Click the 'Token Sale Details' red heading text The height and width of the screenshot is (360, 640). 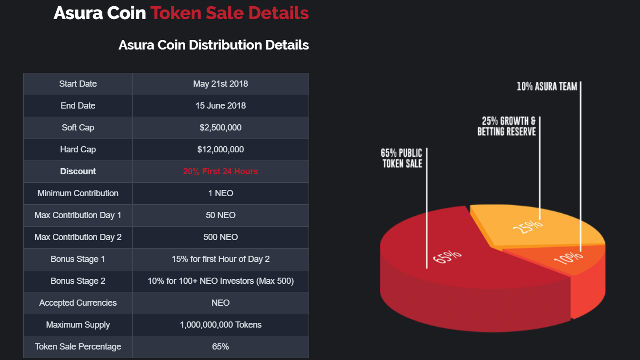tap(230, 13)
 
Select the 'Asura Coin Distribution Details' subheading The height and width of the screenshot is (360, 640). tap(213, 45)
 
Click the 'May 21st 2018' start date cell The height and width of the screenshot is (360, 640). tap(220, 84)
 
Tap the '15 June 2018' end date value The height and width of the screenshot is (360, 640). tap(220, 106)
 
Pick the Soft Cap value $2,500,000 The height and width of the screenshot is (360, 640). tap(220, 128)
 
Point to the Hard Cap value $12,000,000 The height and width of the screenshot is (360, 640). tap(220, 150)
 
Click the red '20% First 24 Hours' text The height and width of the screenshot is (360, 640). tap(220, 171)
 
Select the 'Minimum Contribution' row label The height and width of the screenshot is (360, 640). tap(78, 193)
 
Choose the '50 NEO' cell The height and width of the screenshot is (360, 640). tap(220, 215)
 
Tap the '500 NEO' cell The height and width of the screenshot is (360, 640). tap(220, 237)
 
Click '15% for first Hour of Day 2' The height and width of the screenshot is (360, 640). tap(220, 259)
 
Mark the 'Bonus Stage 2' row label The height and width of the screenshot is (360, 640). tap(78, 281)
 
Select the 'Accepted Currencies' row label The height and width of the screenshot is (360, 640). tap(78, 303)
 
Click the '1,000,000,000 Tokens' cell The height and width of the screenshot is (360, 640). tap(220, 325)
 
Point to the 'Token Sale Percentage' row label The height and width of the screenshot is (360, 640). tap(78, 347)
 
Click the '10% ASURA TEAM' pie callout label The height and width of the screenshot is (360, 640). tap(547, 87)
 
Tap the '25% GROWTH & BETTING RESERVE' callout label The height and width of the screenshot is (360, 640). tap(507, 126)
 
